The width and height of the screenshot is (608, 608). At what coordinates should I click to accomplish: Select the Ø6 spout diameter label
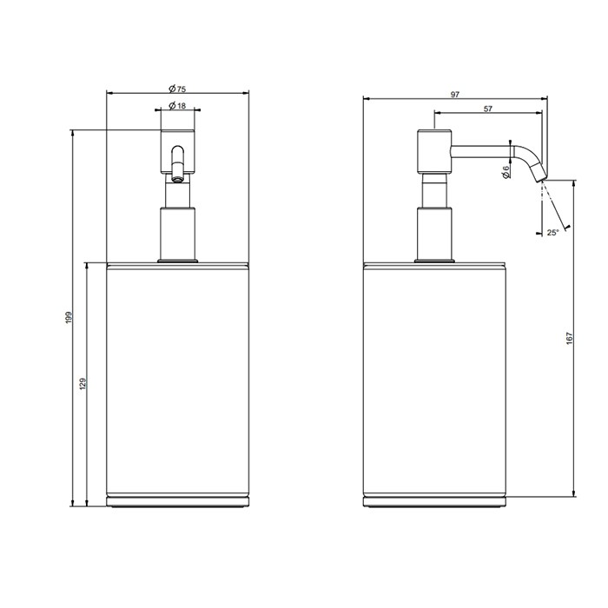tap(506, 173)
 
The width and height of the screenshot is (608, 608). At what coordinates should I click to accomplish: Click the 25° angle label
tap(552, 232)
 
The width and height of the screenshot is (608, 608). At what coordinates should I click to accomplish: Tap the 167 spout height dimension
tap(570, 337)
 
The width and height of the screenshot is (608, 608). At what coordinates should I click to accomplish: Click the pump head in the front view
tap(177, 149)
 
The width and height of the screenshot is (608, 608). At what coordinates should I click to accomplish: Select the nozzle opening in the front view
tap(176, 180)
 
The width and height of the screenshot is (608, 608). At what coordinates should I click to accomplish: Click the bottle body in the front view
tap(177, 382)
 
